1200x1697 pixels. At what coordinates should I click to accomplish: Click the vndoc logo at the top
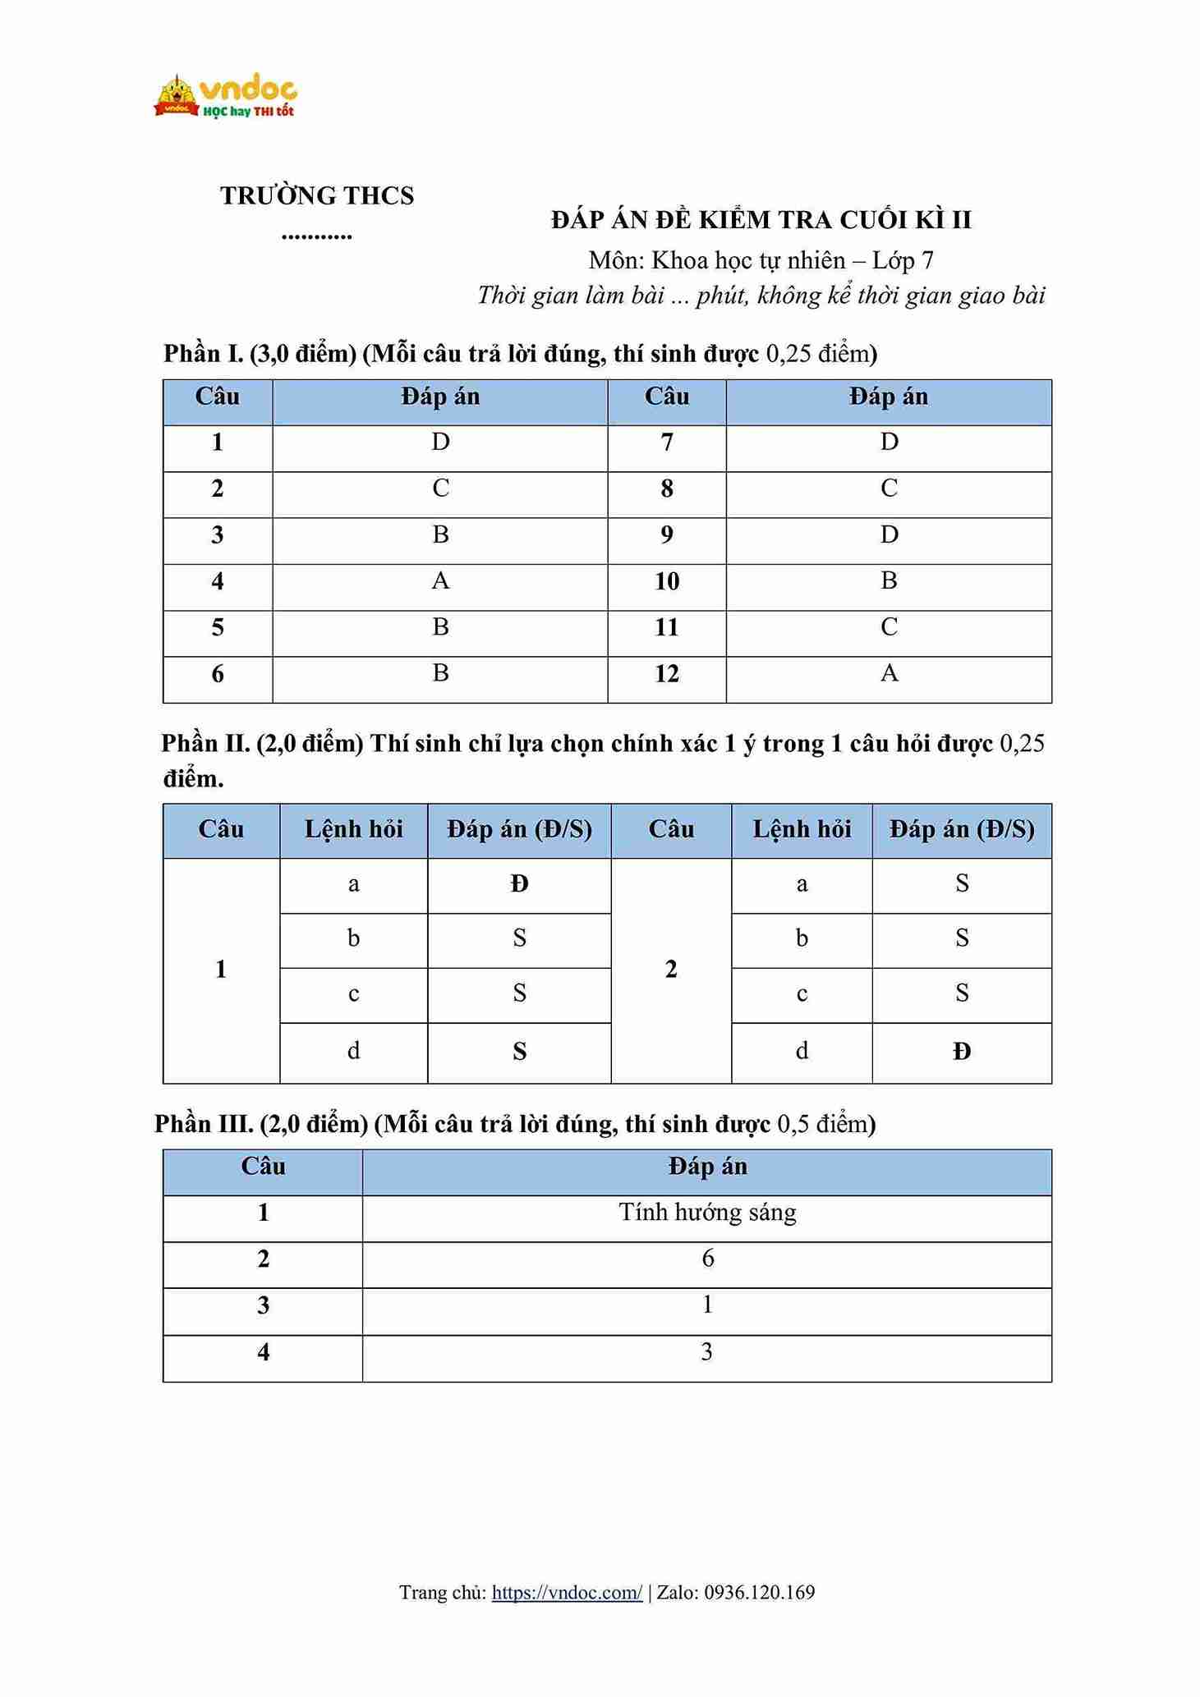coord(225,97)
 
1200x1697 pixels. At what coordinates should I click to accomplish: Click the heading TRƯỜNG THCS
coord(316,196)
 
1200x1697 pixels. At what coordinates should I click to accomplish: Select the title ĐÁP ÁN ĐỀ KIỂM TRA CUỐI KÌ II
coord(761,220)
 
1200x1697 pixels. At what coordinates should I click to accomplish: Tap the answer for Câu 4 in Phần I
coord(440,582)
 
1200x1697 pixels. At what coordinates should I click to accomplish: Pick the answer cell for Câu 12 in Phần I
coord(889,674)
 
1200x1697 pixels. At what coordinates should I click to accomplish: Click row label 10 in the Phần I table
coord(666,582)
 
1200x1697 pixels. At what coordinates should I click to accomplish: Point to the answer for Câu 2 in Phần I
coord(440,489)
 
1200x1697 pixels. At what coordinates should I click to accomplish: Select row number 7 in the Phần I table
coord(666,443)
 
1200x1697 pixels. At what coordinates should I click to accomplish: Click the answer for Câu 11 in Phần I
coord(889,628)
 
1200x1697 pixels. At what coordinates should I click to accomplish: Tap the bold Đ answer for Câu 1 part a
coord(519,884)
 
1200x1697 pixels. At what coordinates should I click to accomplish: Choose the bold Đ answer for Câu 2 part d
coord(962,1052)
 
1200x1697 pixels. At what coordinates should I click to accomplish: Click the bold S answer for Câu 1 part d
coord(519,1052)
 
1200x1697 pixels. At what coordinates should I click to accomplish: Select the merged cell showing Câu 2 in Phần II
coord(671,970)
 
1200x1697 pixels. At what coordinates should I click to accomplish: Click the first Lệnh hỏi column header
coord(353,829)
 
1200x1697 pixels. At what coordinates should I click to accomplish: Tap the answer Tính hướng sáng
coord(707,1213)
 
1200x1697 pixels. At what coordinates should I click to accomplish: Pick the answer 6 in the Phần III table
coord(707,1259)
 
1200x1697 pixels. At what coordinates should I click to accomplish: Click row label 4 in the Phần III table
coord(263,1352)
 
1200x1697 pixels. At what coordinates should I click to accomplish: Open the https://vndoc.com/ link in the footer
coord(567,1593)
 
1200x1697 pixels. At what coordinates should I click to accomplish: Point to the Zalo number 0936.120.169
coord(760,1593)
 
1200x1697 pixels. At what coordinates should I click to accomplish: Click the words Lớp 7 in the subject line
coord(903,261)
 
